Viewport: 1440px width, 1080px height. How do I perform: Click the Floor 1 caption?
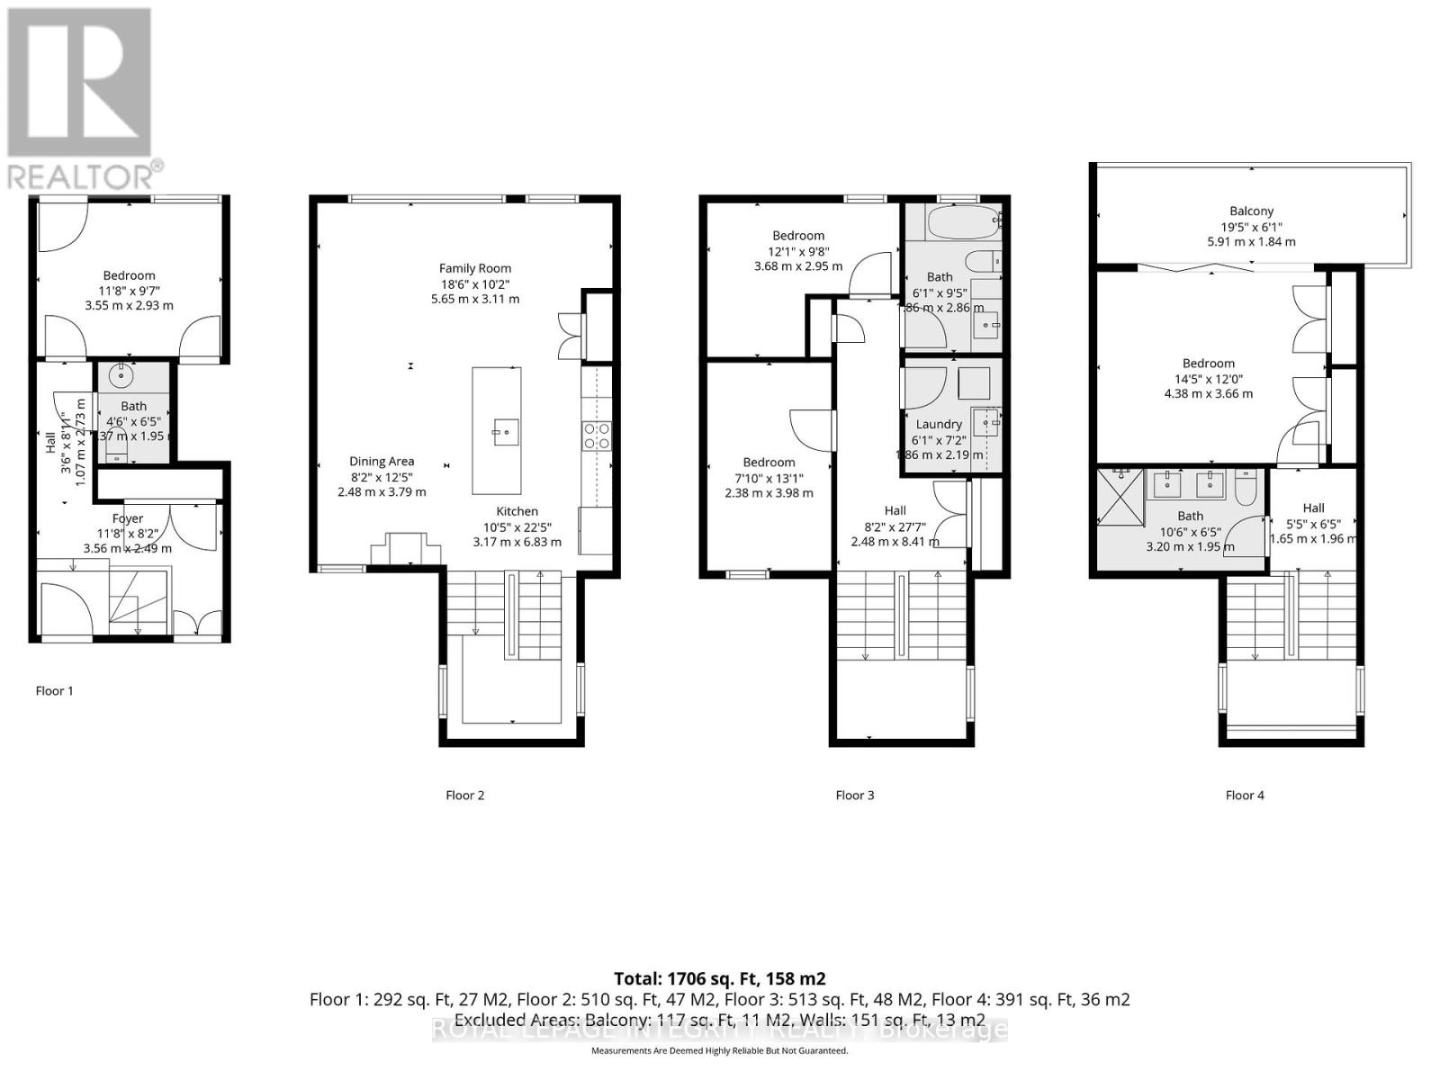(x=54, y=691)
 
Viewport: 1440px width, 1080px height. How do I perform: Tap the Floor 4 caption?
(x=1245, y=796)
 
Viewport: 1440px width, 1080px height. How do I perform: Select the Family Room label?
(x=475, y=268)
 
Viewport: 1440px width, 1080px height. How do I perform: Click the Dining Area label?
(x=382, y=462)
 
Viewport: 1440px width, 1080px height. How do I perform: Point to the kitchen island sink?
(x=505, y=432)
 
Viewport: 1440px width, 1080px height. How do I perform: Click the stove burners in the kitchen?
(x=597, y=436)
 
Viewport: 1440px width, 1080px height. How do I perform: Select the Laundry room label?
(x=939, y=425)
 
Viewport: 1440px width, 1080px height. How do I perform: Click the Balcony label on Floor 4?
(x=1252, y=211)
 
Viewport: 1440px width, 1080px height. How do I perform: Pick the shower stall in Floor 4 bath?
(x=1120, y=495)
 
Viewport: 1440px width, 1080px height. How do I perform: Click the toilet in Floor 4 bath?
(x=1246, y=489)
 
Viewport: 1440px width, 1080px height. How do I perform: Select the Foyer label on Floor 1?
(x=128, y=518)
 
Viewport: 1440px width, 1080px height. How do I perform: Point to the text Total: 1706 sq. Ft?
(x=719, y=978)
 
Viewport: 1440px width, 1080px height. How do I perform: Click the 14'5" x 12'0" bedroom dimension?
(x=1209, y=379)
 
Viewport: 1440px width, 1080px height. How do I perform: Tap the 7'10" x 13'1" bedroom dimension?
(x=769, y=478)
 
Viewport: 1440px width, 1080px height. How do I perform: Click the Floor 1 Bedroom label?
(x=129, y=276)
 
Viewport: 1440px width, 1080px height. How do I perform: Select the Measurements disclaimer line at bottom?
(x=719, y=1051)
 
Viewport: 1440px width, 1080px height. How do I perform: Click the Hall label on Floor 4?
(x=1313, y=508)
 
